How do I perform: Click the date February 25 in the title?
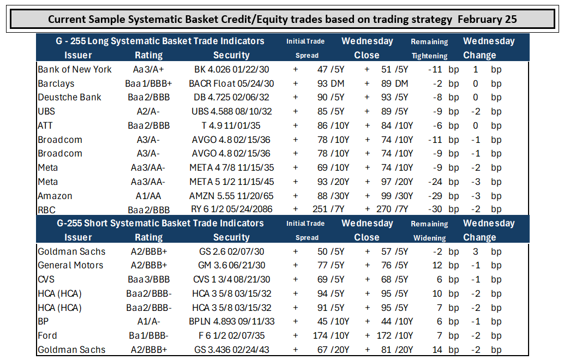487,19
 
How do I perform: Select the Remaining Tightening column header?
429,49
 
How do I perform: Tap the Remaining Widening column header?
429,231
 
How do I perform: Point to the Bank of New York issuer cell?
75,69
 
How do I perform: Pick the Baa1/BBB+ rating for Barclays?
148,83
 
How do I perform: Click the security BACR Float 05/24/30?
231,83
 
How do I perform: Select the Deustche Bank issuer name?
69,97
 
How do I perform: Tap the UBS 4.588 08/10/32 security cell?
232,111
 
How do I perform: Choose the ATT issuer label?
45,125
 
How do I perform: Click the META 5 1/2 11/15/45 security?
232,182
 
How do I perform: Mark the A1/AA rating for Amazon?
148,196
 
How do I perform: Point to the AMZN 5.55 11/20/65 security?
231,196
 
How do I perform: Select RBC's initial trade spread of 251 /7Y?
328,209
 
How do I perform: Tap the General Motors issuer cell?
70,265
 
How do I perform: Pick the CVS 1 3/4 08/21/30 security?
232,279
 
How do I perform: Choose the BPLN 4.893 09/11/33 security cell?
232,321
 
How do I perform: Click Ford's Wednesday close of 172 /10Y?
395,335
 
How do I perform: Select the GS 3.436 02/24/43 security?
232,350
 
